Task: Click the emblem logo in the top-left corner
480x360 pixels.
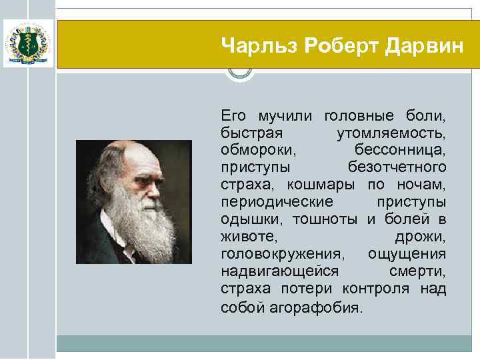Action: click(29, 43)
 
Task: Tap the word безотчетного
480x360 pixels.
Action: click(397, 166)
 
